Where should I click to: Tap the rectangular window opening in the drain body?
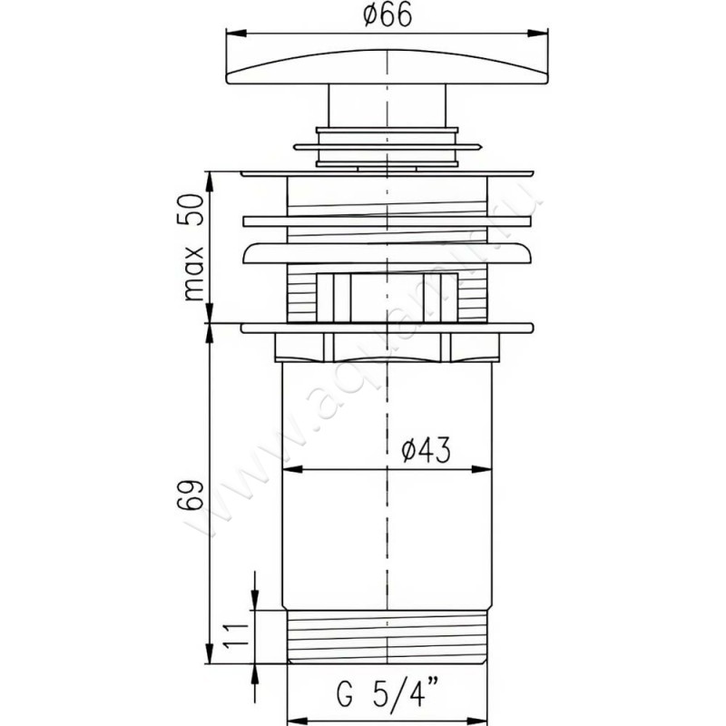click(x=388, y=296)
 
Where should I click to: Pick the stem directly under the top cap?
click(x=388, y=104)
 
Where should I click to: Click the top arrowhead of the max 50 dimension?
click(x=210, y=178)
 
